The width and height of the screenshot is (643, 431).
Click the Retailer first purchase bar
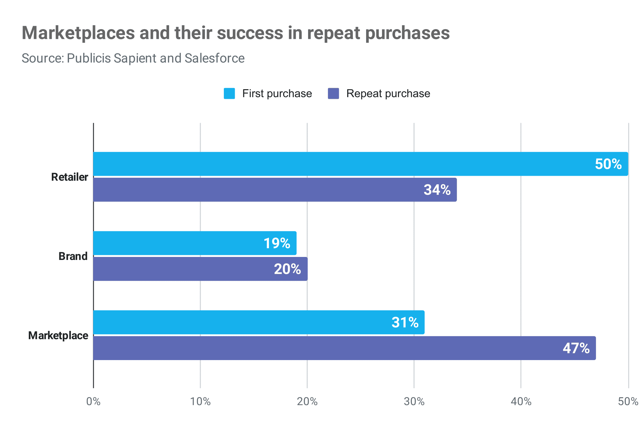point(332,164)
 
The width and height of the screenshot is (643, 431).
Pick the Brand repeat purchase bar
point(182,269)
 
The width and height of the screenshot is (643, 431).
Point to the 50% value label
point(608,164)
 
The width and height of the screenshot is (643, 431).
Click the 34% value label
point(437,190)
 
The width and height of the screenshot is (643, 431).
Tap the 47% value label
point(576,348)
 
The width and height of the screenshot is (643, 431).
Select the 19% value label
point(277,243)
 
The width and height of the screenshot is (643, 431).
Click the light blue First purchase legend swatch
point(229,93)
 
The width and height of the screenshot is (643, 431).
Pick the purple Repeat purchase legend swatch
point(333,93)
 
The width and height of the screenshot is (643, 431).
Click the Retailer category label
point(69,177)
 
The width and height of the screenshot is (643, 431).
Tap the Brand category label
point(73,256)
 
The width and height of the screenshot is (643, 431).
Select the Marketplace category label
point(58,336)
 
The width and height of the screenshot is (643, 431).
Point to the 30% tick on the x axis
point(414,402)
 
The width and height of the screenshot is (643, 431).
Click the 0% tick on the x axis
point(93,402)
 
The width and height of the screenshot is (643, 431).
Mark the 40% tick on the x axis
point(521,402)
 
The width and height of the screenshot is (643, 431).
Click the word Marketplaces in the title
point(78,33)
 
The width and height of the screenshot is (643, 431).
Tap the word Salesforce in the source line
point(214,58)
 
